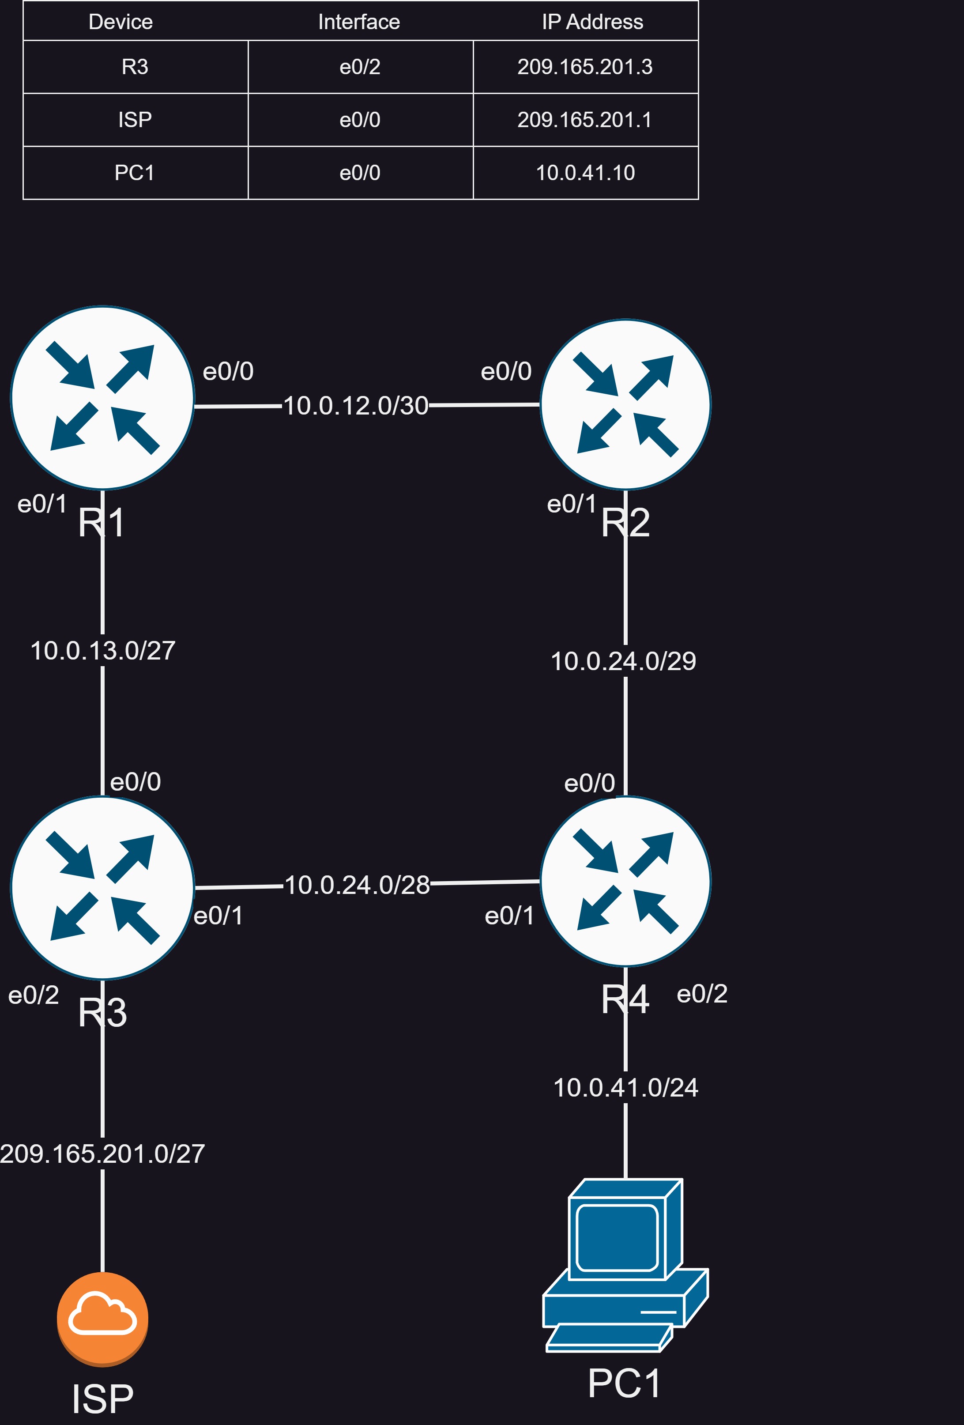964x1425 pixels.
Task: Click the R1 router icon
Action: point(102,398)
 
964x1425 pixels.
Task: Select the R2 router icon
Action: point(625,405)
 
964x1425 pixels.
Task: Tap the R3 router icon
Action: point(102,887)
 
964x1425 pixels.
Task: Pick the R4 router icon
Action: point(625,881)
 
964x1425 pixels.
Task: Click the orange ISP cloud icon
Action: point(102,1319)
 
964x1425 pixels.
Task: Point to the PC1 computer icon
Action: point(625,1265)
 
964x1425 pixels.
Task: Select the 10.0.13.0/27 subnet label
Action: point(103,651)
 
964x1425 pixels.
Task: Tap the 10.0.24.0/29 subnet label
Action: point(624,661)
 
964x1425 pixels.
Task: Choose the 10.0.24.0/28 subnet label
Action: point(358,885)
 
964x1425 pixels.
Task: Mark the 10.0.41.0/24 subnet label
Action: point(625,1088)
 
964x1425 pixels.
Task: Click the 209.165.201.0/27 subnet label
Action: point(102,1154)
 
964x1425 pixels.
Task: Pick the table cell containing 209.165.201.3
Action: point(586,67)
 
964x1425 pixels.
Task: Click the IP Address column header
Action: point(592,22)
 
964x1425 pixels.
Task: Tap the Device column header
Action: point(121,22)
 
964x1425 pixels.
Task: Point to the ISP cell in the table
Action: point(136,120)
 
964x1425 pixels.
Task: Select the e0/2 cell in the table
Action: point(361,67)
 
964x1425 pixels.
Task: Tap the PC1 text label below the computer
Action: point(624,1384)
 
